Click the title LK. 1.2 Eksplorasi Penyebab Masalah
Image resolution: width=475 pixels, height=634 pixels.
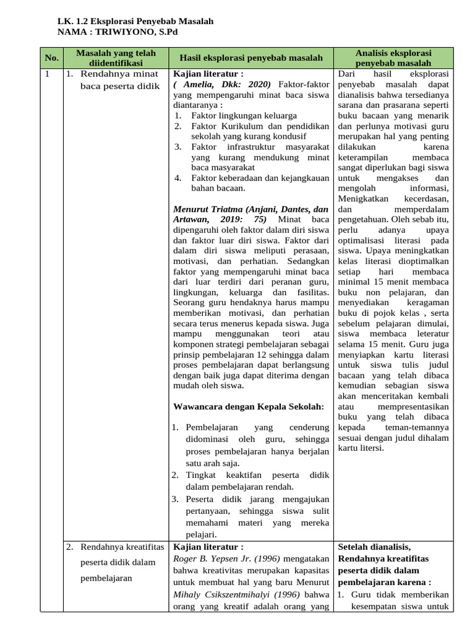point(135,21)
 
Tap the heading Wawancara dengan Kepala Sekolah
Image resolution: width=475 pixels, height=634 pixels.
point(249,406)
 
